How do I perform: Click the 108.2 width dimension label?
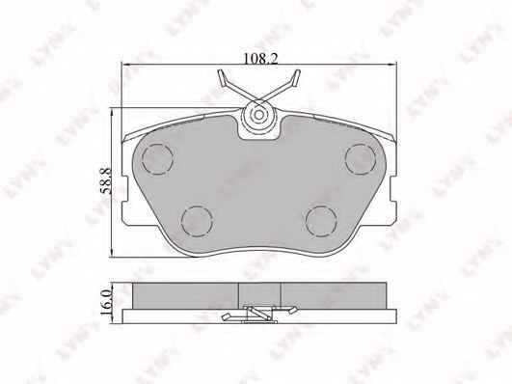[261, 59]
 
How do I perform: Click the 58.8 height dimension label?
[106, 181]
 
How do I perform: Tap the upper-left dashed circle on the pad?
[157, 159]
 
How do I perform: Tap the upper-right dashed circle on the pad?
[361, 159]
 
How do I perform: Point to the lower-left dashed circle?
[197, 222]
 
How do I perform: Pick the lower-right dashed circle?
[321, 222]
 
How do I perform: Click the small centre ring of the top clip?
[259, 115]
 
